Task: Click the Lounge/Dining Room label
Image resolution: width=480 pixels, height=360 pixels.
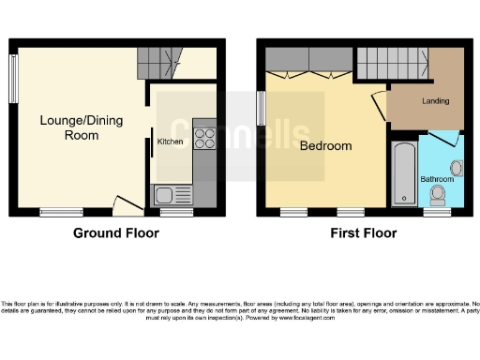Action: click(x=68, y=127)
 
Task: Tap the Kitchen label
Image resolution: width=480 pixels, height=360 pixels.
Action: click(x=170, y=142)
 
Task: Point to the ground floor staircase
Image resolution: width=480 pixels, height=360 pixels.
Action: click(x=157, y=65)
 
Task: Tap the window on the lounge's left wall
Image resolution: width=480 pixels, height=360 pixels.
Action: click(x=14, y=76)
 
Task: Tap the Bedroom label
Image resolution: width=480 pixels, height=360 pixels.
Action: click(x=325, y=146)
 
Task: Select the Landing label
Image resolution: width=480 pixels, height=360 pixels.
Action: click(x=435, y=101)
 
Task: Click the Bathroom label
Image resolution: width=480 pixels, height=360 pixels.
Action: click(x=436, y=178)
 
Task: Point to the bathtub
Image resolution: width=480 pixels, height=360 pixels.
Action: click(x=403, y=175)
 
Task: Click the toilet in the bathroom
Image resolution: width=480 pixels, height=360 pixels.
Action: click(x=437, y=196)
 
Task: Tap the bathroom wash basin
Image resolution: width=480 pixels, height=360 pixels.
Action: click(x=457, y=168)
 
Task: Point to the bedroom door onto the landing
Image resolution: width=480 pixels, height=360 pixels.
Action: click(x=379, y=105)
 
